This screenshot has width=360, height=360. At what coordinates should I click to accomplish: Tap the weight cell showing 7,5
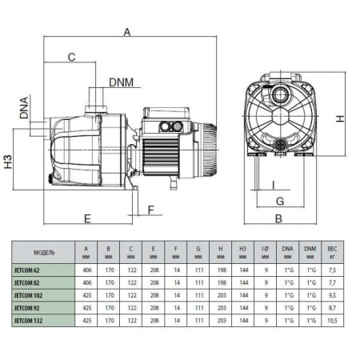click(x=333, y=270)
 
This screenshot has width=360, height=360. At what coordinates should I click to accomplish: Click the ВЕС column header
click(x=333, y=248)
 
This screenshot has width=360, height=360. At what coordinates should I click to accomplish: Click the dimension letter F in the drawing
click(x=150, y=210)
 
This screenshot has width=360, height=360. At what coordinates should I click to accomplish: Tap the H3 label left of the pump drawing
click(x=8, y=166)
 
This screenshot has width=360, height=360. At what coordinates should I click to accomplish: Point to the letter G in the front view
click(x=280, y=200)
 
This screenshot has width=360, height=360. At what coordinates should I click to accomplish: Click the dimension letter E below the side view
click(x=87, y=218)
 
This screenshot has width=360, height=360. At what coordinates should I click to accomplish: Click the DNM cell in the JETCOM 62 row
click(x=310, y=270)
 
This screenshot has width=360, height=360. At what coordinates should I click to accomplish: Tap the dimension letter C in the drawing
click(x=71, y=57)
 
